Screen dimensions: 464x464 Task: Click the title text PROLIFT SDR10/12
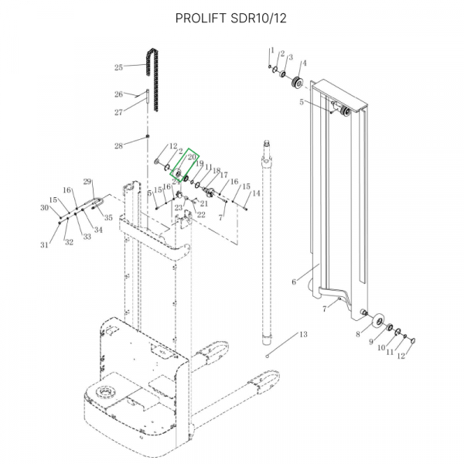(x=231, y=18)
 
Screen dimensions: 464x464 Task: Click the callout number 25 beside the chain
(x=118, y=67)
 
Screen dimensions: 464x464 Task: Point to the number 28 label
(x=118, y=146)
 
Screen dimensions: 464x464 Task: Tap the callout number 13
(x=303, y=334)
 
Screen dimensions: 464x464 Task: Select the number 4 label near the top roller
(x=303, y=63)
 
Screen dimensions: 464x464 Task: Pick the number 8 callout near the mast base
(x=357, y=335)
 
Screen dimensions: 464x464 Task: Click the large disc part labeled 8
(x=378, y=320)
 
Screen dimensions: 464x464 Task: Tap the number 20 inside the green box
(x=192, y=156)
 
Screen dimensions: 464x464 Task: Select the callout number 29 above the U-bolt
(x=88, y=182)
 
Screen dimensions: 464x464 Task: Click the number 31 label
(x=45, y=245)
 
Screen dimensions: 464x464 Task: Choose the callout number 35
(x=108, y=218)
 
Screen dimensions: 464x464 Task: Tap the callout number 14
(x=256, y=193)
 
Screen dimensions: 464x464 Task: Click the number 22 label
(x=201, y=214)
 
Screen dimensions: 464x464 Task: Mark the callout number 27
(x=118, y=113)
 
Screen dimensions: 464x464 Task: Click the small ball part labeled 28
(x=147, y=139)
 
